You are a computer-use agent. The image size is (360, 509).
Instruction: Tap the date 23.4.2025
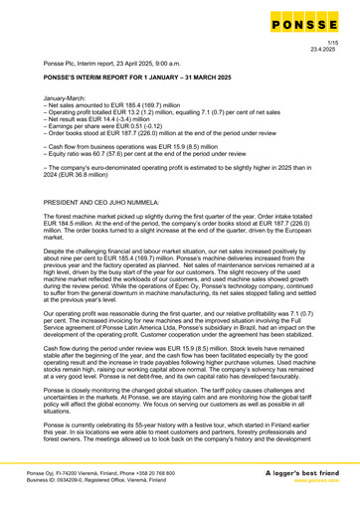(320, 47)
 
